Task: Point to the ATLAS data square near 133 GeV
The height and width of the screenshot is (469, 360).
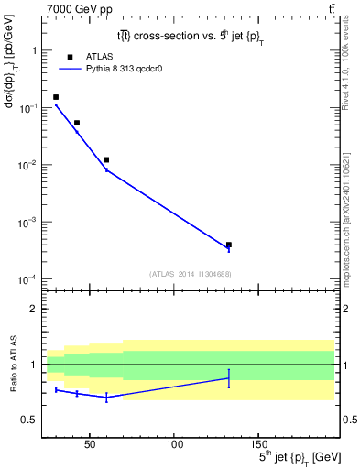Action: coord(229,245)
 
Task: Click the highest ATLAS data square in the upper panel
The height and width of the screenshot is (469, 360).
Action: coord(56,97)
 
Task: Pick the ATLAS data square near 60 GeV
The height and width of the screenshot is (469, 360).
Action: coord(106,159)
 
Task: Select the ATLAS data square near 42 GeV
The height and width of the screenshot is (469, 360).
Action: coord(77,123)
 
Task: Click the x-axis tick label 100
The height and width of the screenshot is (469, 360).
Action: coord(174,444)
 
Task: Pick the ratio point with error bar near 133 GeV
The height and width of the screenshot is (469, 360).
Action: coord(229,377)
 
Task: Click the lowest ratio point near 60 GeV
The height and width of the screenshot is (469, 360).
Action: coord(106,397)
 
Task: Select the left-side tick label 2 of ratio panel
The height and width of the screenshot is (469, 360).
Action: coord(34,309)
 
